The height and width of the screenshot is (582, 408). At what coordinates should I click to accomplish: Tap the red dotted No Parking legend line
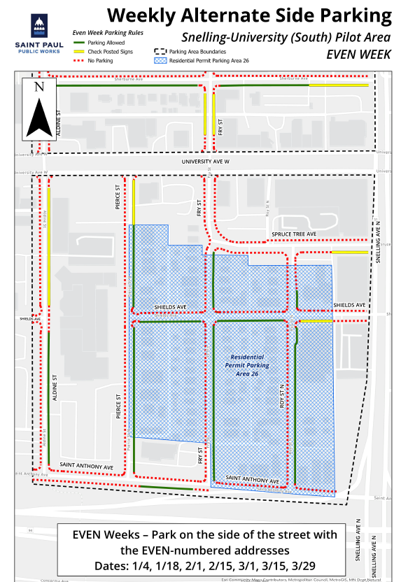79,61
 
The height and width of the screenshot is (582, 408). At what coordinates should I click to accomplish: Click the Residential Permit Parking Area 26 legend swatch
160,61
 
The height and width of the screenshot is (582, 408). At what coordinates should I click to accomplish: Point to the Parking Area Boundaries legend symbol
160,52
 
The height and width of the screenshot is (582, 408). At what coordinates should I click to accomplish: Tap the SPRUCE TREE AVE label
295,234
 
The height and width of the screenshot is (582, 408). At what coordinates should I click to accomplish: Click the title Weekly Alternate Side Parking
249,15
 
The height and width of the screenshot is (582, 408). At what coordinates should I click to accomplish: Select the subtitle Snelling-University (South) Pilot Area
286,36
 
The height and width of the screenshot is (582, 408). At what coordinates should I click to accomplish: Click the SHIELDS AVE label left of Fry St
169,307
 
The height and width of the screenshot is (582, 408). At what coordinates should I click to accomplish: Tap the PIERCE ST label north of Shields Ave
119,199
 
